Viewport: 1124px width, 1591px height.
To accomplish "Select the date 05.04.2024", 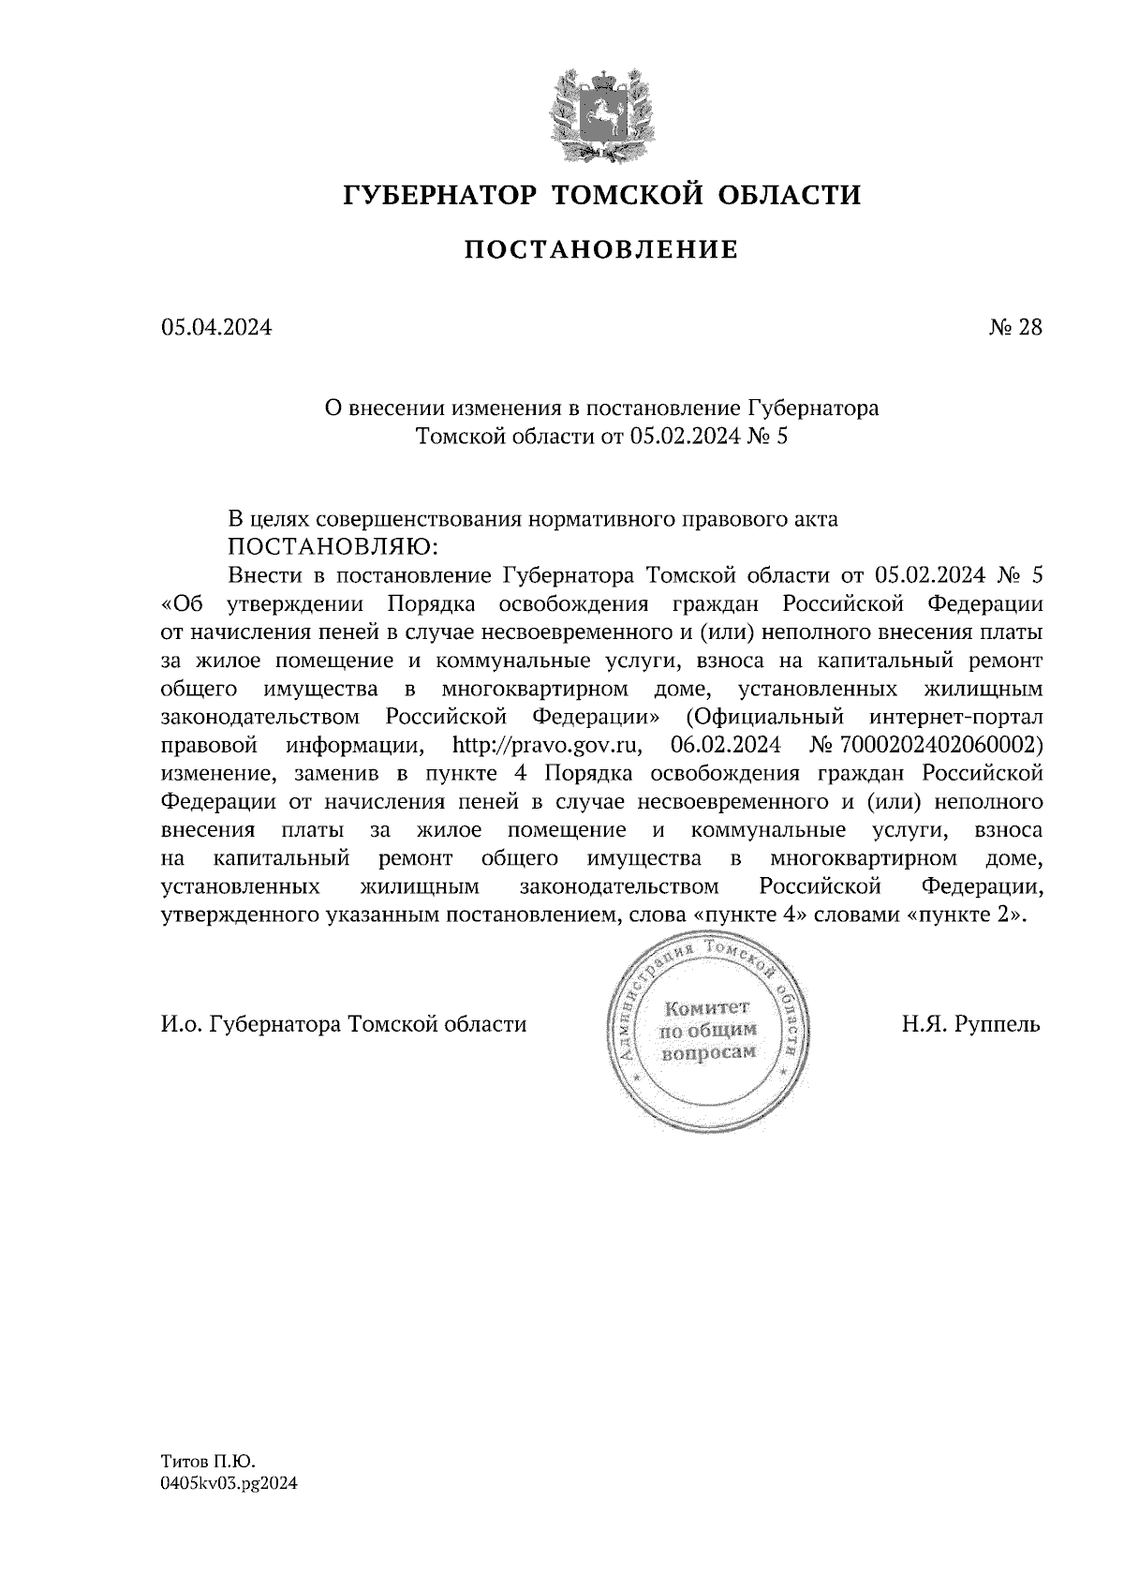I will [x=216, y=327].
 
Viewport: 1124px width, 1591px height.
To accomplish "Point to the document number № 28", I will [x=1014, y=327].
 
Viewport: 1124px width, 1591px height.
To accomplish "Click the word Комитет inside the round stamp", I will [x=707, y=1008].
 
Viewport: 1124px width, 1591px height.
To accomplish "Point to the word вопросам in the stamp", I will [x=707, y=1053].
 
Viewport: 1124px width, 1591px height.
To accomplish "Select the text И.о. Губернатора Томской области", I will [x=344, y=1024].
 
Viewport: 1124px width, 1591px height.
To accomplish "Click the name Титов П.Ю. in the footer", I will [x=208, y=1461].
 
